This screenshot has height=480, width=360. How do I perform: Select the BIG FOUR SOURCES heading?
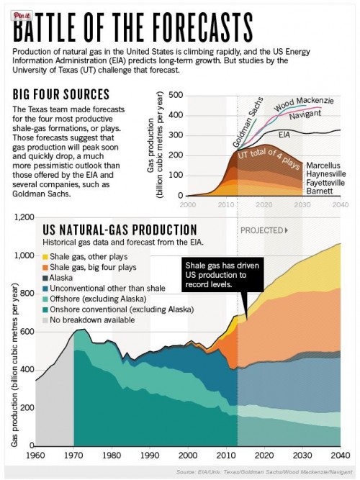pyautogui.click(x=61, y=94)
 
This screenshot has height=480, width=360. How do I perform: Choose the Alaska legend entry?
pyautogui.click(x=69, y=277)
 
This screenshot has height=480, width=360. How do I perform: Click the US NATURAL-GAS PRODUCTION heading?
pyautogui.click(x=109, y=229)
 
